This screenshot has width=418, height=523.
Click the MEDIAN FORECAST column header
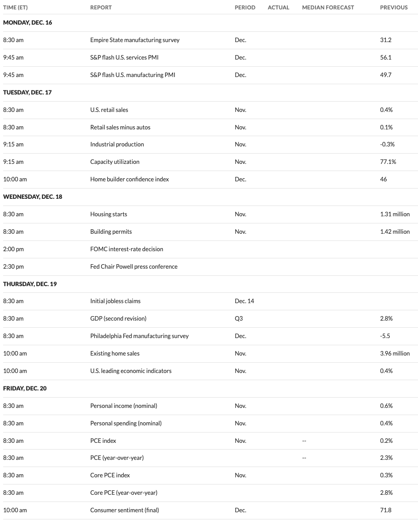[x=328, y=7]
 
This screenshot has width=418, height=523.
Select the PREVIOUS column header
[x=394, y=7]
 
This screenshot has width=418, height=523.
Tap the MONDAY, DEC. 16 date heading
[x=28, y=22]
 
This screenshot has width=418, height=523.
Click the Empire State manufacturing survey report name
[x=135, y=40]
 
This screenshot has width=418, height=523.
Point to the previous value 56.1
[x=386, y=57]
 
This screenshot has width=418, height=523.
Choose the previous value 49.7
[x=386, y=75]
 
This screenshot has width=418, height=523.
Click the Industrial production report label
[x=117, y=144]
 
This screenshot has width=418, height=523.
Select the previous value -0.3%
[x=387, y=144]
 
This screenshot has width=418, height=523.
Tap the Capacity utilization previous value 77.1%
[x=388, y=162]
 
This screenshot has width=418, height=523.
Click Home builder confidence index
[x=130, y=179]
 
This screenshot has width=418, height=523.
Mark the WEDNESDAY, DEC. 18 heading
[x=33, y=197]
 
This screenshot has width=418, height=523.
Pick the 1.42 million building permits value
[x=395, y=231]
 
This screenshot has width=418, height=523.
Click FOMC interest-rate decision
[x=127, y=249]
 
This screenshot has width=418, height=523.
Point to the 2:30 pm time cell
[x=13, y=266]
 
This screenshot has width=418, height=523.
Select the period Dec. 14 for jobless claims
[x=244, y=301]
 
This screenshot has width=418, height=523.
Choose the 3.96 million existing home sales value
[x=395, y=353]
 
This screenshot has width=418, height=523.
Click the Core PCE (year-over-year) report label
[x=124, y=493]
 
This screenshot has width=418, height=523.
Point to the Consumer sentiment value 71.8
[x=386, y=510]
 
